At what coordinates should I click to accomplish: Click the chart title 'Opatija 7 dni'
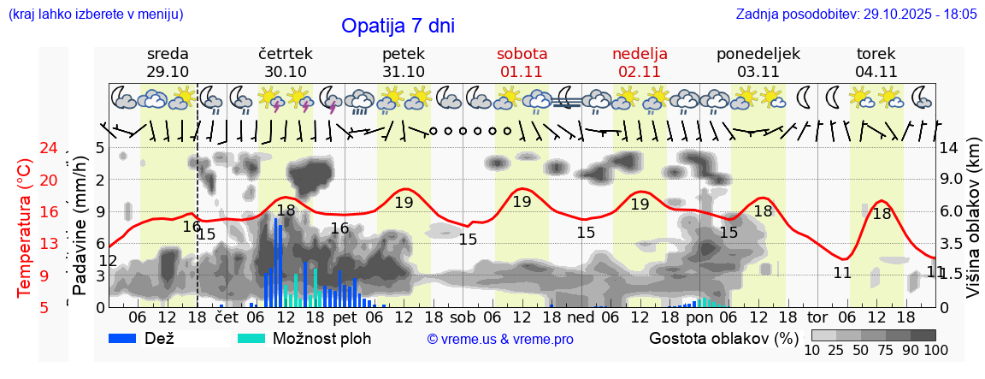(x=398, y=26)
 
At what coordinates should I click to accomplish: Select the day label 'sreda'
(x=168, y=54)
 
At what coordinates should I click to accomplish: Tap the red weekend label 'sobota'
(x=522, y=54)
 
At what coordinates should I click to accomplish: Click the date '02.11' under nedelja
(x=640, y=72)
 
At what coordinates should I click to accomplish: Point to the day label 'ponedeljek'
(x=758, y=54)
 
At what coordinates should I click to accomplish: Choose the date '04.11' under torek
(x=876, y=72)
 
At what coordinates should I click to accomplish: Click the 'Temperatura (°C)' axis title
(x=24, y=227)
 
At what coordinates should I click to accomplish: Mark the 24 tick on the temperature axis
(x=50, y=148)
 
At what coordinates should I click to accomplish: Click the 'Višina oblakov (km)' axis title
(x=972, y=226)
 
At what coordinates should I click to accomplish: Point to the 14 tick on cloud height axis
(x=949, y=148)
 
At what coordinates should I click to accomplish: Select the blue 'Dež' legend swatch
(x=128, y=338)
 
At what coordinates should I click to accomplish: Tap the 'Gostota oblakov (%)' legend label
(x=723, y=338)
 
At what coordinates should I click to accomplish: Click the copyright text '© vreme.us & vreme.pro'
(x=500, y=340)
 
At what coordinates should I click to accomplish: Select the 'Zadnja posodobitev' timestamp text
(x=856, y=15)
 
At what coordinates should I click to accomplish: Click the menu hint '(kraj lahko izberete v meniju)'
(x=95, y=15)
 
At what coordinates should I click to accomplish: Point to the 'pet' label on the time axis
(x=345, y=317)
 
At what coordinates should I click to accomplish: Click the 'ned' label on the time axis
(x=581, y=317)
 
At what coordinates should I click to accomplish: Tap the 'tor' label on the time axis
(x=817, y=317)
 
